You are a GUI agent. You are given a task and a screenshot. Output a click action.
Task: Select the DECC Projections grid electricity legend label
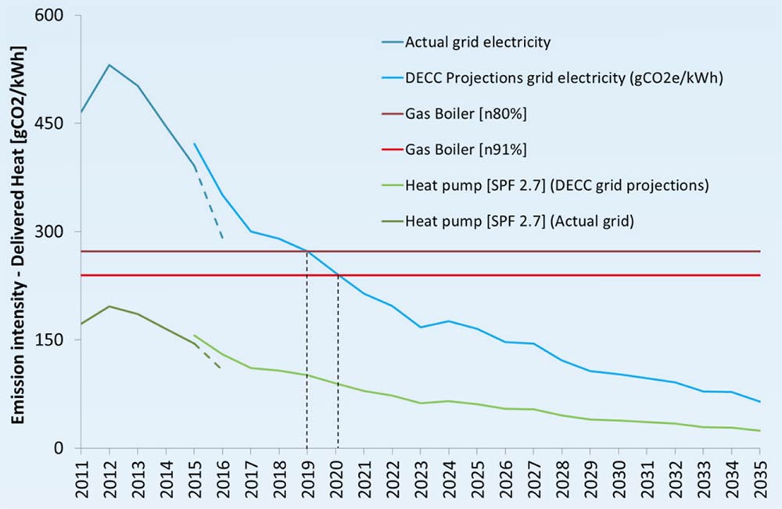[x=531, y=77]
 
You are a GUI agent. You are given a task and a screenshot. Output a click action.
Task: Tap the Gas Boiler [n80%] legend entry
[x=466, y=113]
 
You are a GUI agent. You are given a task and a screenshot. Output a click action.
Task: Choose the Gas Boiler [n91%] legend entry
[x=466, y=149]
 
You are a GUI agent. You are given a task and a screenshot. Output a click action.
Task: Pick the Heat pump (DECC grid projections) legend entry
[x=556, y=185]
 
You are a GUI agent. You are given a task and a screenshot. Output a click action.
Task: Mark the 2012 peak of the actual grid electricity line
[x=109, y=65]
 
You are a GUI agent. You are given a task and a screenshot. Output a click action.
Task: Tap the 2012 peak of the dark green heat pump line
[x=109, y=306]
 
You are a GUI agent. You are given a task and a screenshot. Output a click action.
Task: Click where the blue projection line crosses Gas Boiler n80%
[x=307, y=251]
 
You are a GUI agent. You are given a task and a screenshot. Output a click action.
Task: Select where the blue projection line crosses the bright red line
[x=337, y=274]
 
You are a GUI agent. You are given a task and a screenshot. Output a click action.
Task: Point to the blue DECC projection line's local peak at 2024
[x=448, y=321]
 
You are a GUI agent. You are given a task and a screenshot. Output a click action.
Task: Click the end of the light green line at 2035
[x=759, y=431]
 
